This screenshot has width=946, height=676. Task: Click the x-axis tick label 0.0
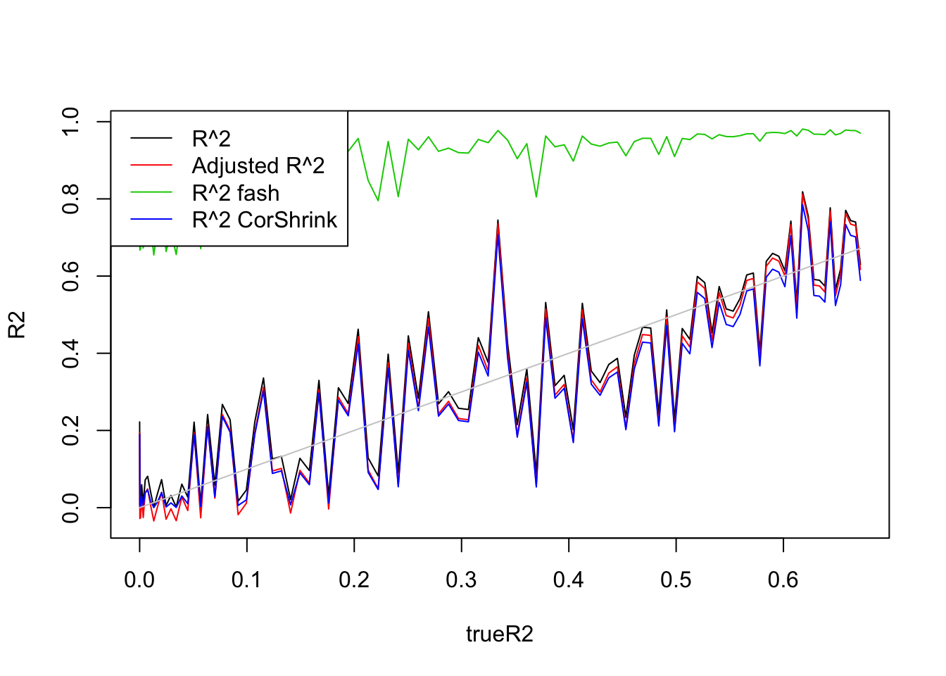click(x=139, y=580)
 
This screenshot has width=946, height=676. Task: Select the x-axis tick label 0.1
click(x=246, y=580)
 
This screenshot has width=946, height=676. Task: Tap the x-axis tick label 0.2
click(x=354, y=580)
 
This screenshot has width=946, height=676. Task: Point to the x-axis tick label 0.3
click(x=461, y=580)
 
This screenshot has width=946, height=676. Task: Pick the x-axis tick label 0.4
click(x=569, y=580)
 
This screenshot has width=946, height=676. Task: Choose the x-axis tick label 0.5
click(x=676, y=580)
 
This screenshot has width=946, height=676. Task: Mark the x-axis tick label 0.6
click(x=783, y=580)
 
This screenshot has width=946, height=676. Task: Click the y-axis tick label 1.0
click(x=71, y=122)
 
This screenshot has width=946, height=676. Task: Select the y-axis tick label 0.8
click(x=71, y=199)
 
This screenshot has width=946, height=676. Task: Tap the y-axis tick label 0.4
click(x=71, y=353)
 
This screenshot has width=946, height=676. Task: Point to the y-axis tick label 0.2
click(x=71, y=430)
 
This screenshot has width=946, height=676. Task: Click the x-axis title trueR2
click(x=500, y=634)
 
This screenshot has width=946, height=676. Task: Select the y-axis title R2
click(x=17, y=325)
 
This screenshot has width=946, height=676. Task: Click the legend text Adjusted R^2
click(x=258, y=165)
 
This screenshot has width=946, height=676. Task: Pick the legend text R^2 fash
click(x=236, y=193)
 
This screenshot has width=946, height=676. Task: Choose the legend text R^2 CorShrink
click(x=265, y=220)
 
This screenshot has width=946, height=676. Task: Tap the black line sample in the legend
click(x=151, y=139)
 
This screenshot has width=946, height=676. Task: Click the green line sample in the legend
click(x=151, y=193)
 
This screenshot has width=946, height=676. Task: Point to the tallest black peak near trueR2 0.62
click(x=802, y=192)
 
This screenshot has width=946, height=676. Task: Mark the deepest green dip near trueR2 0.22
click(x=378, y=201)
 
